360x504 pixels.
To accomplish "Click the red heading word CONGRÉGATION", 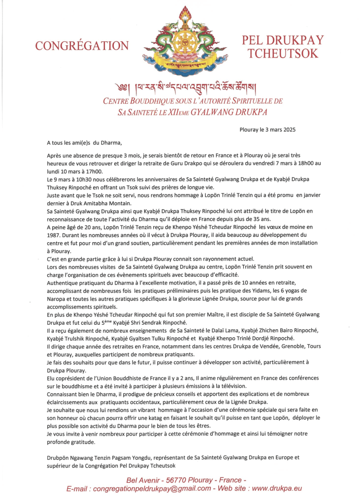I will click(x=82, y=46).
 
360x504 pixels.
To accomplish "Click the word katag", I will click(x=158, y=417).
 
